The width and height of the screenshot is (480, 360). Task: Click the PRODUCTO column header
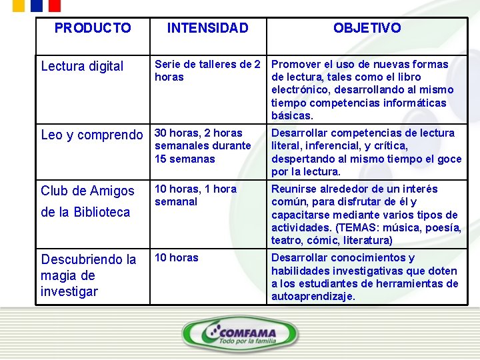pyautogui.click(x=93, y=28)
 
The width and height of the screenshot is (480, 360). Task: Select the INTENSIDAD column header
pyautogui.click(x=207, y=28)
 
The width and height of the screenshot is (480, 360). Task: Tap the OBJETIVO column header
pyautogui.click(x=367, y=28)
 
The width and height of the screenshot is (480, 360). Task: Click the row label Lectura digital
pyautogui.click(x=82, y=66)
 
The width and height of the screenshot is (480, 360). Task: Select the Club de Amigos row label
pyautogui.click(x=87, y=191)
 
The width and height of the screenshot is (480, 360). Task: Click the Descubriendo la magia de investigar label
pyautogui.click(x=88, y=275)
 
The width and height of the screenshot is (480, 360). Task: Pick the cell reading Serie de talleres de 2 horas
pyautogui.click(x=207, y=71)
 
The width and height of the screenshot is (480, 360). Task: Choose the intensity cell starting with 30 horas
pyautogui.click(x=203, y=145)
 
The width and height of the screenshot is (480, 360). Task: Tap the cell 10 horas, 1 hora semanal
pyautogui.click(x=195, y=195)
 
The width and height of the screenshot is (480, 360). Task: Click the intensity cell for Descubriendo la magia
pyautogui.click(x=177, y=258)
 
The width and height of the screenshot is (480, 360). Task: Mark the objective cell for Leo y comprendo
pyautogui.click(x=366, y=152)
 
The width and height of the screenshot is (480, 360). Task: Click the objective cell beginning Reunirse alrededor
pyautogui.click(x=366, y=215)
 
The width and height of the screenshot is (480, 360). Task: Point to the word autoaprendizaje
pyautogui.click(x=313, y=297)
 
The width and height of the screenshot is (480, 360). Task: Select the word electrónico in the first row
pyautogui.click(x=297, y=90)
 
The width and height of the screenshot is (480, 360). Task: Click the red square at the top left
pyautogui.click(x=54, y=5)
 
